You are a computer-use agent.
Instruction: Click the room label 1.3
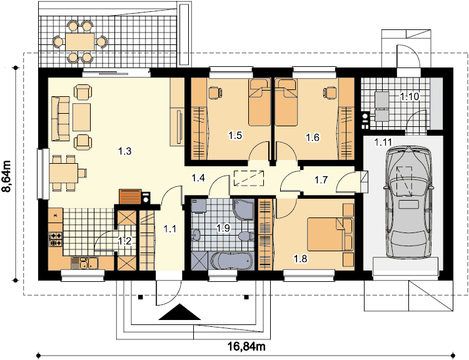124,151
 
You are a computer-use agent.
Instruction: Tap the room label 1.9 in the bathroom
223,228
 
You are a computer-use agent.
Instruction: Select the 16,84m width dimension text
246,346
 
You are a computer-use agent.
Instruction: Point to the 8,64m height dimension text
7,175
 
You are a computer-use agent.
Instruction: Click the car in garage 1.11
408,202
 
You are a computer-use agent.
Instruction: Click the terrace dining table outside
80,41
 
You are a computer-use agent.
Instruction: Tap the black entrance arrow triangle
179,312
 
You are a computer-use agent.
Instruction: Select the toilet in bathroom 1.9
246,236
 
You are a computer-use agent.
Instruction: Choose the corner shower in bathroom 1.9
243,209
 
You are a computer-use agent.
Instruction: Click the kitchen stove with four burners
56,239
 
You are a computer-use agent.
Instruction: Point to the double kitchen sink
84,263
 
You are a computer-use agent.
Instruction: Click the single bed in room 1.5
260,102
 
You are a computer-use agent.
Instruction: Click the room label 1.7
321,180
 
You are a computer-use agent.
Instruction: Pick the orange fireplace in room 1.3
130,196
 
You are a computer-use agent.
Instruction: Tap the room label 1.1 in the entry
170,229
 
